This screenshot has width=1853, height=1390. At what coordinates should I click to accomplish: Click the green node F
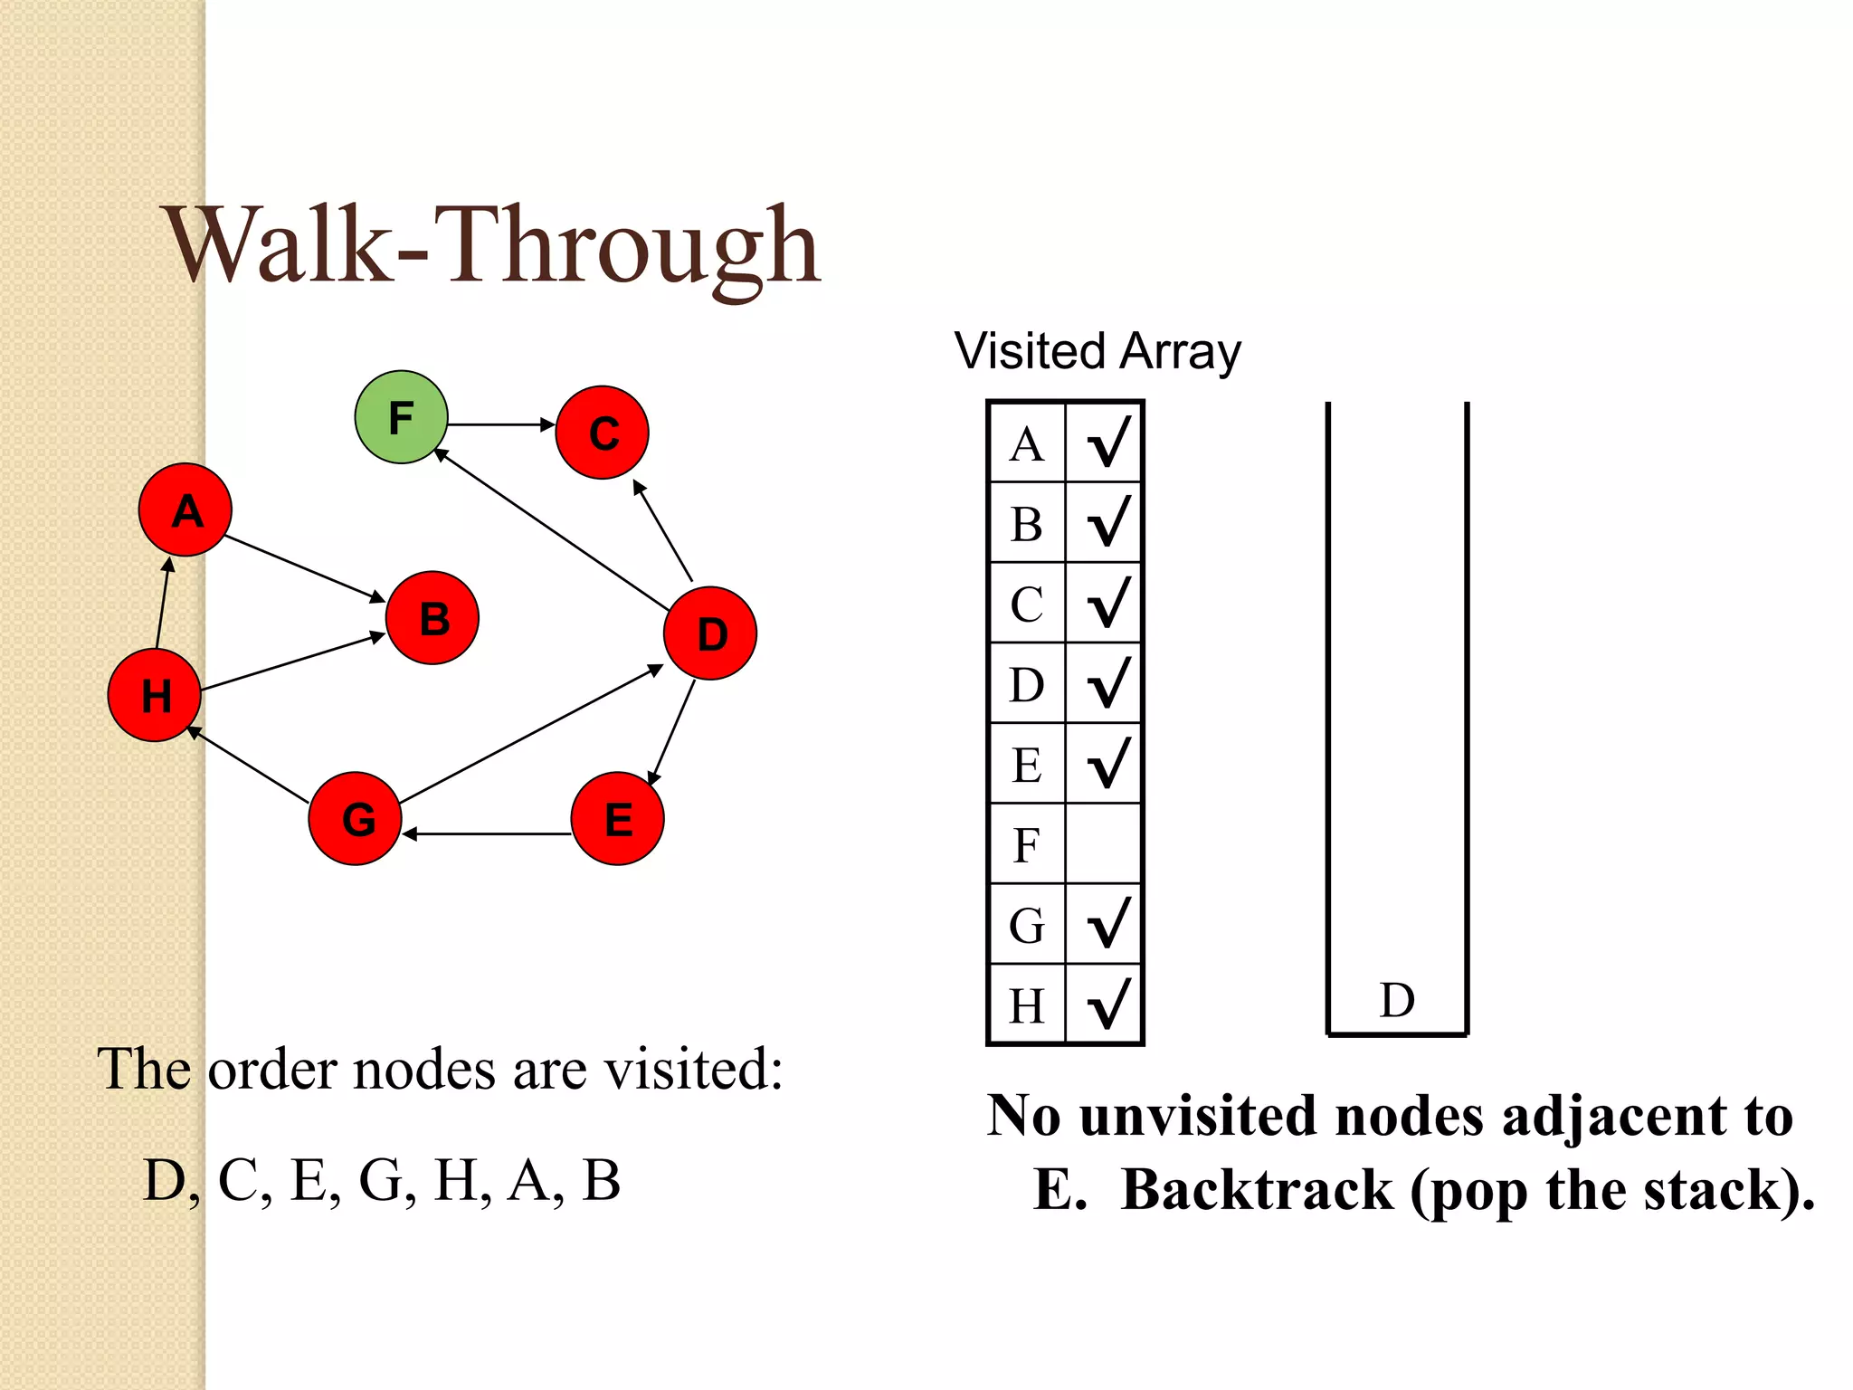[401, 417]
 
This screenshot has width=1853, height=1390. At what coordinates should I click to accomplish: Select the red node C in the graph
[603, 433]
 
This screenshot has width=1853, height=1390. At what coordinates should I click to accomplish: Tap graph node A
[185, 510]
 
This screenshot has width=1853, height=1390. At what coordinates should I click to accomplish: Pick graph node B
[432, 618]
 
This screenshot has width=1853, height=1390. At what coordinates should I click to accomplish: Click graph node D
[710, 633]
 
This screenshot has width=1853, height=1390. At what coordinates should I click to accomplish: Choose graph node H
[155, 695]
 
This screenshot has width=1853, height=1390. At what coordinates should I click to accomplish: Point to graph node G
[356, 818]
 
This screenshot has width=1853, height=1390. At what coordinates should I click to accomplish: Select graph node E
[618, 818]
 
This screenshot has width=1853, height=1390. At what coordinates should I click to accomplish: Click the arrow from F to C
[501, 424]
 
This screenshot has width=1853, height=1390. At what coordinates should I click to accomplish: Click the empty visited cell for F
[1104, 844]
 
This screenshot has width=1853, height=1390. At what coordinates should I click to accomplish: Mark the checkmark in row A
[1108, 442]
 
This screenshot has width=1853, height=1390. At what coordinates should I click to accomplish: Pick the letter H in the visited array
[1027, 1005]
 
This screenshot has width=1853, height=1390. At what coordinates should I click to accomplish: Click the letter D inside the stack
[1397, 1001]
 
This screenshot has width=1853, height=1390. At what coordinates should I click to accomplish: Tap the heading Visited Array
[1098, 351]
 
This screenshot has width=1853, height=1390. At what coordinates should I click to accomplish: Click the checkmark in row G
[1108, 924]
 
